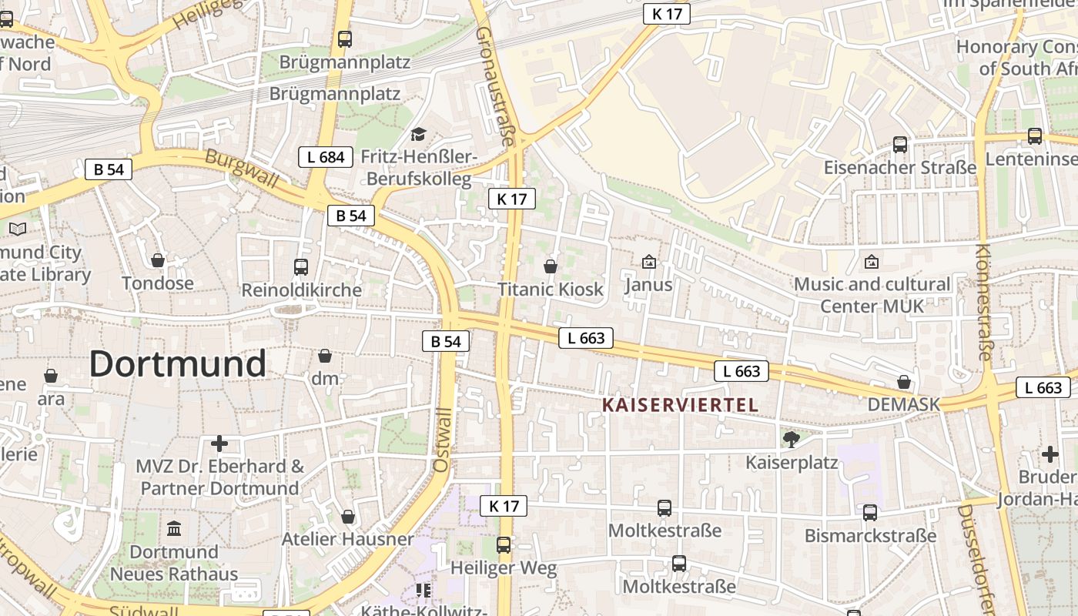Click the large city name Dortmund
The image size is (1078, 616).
pyautogui.click(x=178, y=363)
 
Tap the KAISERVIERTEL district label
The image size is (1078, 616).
pyautogui.click(x=680, y=405)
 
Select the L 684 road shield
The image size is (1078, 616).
pyautogui.click(x=326, y=157)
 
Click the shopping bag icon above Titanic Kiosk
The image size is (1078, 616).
pyautogui.click(x=551, y=266)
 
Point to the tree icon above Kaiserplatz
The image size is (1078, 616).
pyautogui.click(x=791, y=440)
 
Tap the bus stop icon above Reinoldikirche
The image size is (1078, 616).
pyautogui.click(x=301, y=267)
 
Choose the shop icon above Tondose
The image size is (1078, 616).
pyautogui.click(x=158, y=260)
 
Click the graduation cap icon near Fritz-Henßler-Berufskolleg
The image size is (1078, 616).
pyautogui.click(x=418, y=135)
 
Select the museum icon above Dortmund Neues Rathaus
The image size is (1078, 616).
pyautogui.click(x=174, y=529)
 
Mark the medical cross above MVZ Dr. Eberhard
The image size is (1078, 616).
pyautogui.click(x=219, y=444)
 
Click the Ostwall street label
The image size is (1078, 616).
pyautogui.click(x=441, y=439)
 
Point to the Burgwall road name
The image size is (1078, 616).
pyautogui.click(x=242, y=168)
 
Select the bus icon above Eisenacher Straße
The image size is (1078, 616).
pyautogui.click(x=900, y=144)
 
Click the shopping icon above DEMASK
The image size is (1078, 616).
pyautogui.click(x=904, y=382)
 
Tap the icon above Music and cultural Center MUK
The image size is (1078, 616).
pyautogui.click(x=872, y=262)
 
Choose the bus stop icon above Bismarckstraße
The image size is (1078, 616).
pyautogui.click(x=870, y=512)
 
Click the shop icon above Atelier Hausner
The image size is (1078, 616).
pyautogui.click(x=348, y=516)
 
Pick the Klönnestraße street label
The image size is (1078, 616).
pyautogui.click(x=984, y=302)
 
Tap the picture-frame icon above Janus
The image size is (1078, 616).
pyautogui.click(x=649, y=262)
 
